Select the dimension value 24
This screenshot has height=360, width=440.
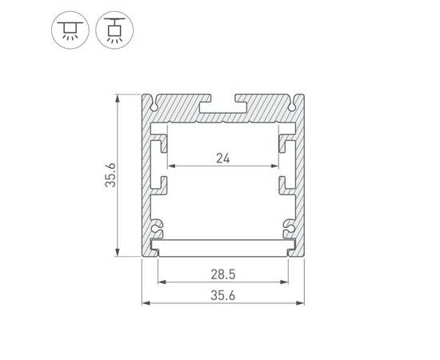point(223,158)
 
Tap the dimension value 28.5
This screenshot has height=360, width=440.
point(223,274)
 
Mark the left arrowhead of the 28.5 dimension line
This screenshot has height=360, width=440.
point(159,282)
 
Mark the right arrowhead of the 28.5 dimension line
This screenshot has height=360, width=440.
point(286,282)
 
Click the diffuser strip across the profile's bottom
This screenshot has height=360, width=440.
point(223,243)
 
